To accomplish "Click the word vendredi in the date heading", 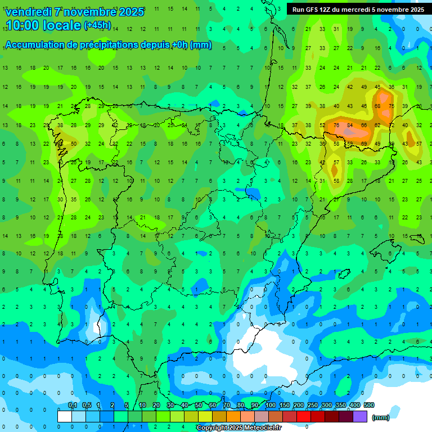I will pyautogui.click(x=28, y=12).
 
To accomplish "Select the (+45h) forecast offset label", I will pyautogui.click(x=97, y=25).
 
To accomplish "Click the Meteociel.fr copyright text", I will pyautogui.click(x=239, y=428).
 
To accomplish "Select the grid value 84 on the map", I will pyautogui.click(x=350, y=125).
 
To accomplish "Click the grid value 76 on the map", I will pyautogui.click(x=336, y=125).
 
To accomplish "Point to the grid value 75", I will pyautogui.click(x=391, y=106).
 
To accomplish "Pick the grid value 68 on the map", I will pyautogui.click(x=377, y=106).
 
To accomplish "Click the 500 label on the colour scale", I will pyautogui.click(x=369, y=406).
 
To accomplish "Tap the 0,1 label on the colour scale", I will pyautogui.click(x=72, y=406).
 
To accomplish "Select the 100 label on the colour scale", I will pyautogui.click(x=270, y=406).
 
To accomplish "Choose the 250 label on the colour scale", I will pyautogui.click(x=312, y=406).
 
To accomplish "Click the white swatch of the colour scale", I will pyautogui.click(x=65, y=416).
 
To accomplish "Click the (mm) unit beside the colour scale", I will pyautogui.click(x=381, y=417).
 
